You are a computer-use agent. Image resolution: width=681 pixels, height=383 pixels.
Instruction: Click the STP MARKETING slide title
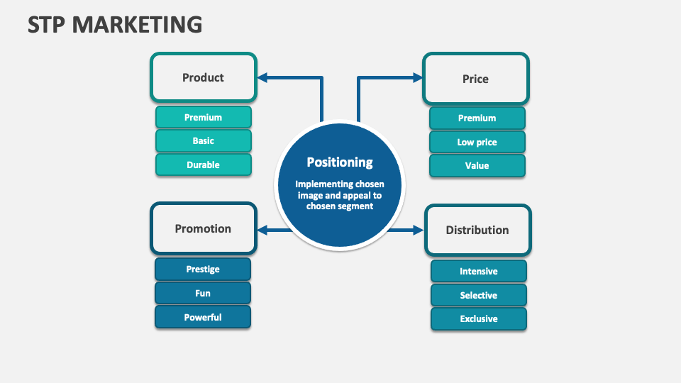tap(115, 24)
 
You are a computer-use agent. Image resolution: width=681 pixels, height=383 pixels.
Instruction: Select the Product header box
tap(203, 77)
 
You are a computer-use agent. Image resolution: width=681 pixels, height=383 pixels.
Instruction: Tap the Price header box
tap(475, 79)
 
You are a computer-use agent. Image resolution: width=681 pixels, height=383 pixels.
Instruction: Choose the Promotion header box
tap(203, 228)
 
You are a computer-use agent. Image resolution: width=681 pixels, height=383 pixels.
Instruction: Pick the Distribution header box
tap(477, 230)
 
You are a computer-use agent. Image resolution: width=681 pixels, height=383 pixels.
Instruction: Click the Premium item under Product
tap(203, 117)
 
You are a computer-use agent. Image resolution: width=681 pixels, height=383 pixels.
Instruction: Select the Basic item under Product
tap(203, 141)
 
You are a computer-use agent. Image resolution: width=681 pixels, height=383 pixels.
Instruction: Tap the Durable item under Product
tap(203, 165)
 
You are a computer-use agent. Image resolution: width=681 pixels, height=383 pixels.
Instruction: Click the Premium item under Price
tap(477, 118)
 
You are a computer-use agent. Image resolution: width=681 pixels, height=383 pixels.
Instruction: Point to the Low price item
tap(477, 142)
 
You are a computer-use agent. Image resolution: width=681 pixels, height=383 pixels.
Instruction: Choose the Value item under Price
tap(477, 165)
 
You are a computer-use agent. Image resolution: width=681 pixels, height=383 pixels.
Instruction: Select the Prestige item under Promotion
tap(203, 270)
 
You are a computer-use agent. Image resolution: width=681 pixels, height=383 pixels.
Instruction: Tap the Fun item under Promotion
tap(203, 293)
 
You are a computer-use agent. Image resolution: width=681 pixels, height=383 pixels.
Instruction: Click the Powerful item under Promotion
tap(203, 317)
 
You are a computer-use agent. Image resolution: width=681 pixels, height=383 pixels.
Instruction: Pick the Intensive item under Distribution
tap(478, 271)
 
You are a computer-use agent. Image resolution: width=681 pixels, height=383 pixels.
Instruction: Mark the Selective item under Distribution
tap(478, 295)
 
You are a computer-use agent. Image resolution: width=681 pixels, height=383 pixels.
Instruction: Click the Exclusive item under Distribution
tap(478, 318)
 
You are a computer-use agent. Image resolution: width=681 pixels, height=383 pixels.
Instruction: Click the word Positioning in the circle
tap(339, 162)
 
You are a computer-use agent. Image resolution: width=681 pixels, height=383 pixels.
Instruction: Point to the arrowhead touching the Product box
tap(262, 77)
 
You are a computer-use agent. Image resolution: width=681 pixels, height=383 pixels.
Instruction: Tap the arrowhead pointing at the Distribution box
tap(417, 230)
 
